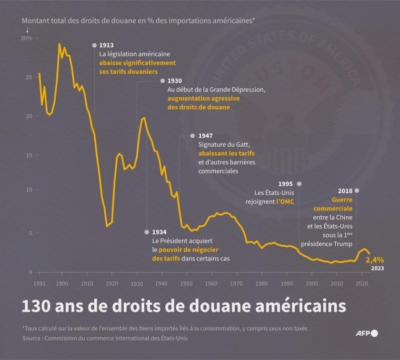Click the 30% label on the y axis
pos(27,38)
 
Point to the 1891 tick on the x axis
pos(38,283)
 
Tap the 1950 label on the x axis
pos(186,283)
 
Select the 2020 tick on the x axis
pos(361,283)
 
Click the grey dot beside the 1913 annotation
pos(94,45)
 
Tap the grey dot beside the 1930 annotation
pos(162,81)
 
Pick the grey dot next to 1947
pos(193,136)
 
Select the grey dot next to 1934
pos(147,232)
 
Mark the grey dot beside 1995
pos(299,184)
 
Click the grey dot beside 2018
pos(357,191)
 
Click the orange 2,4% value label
pos(375,259)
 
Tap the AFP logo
pos(366,333)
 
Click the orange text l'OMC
pos(285,201)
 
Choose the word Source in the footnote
pos(33,338)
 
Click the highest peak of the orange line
pos(59,44)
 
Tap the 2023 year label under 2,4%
pos(377,268)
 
